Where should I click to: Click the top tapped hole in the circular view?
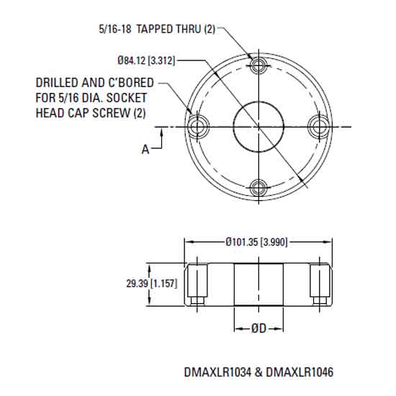258,68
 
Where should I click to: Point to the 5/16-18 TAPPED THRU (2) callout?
156,30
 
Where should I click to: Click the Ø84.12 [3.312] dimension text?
145,59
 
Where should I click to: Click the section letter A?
145,149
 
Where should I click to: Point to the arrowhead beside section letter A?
166,131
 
